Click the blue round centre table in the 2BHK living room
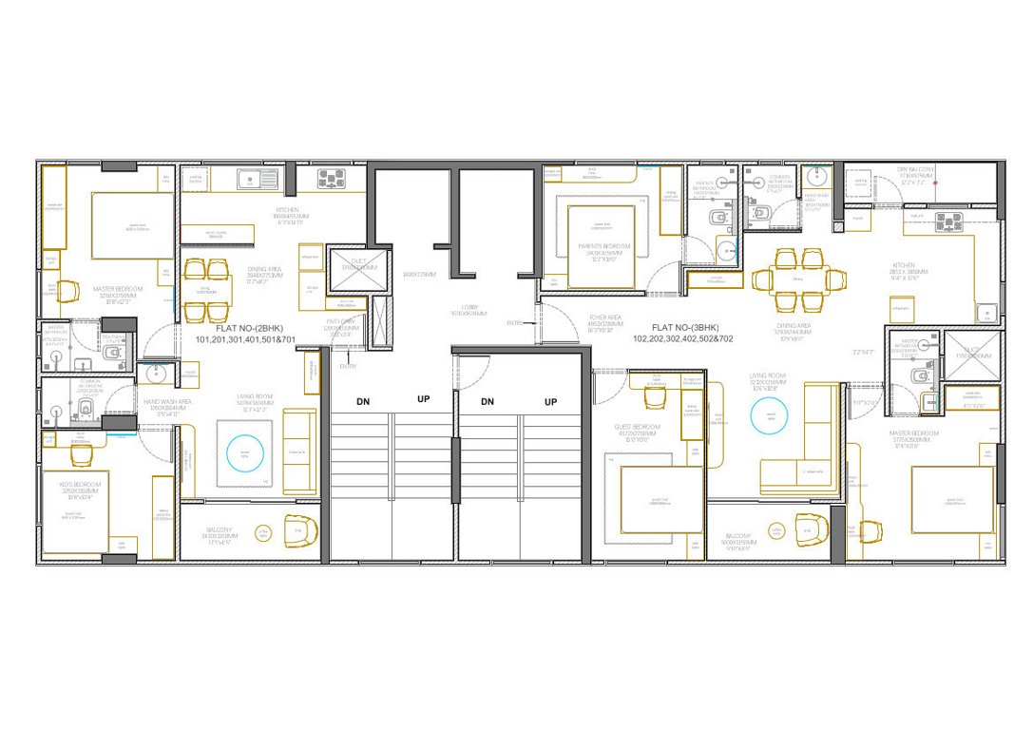click(x=244, y=452)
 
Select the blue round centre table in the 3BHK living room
click(x=771, y=414)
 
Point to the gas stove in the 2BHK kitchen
click(x=333, y=178)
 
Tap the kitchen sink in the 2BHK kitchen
click(x=253, y=178)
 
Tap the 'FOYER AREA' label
click(x=604, y=318)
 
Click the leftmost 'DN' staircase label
click(x=363, y=402)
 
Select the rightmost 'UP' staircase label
click(x=550, y=402)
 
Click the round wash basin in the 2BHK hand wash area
click(x=158, y=375)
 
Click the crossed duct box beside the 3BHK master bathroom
click(x=970, y=355)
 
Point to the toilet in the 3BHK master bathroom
click(x=920, y=376)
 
